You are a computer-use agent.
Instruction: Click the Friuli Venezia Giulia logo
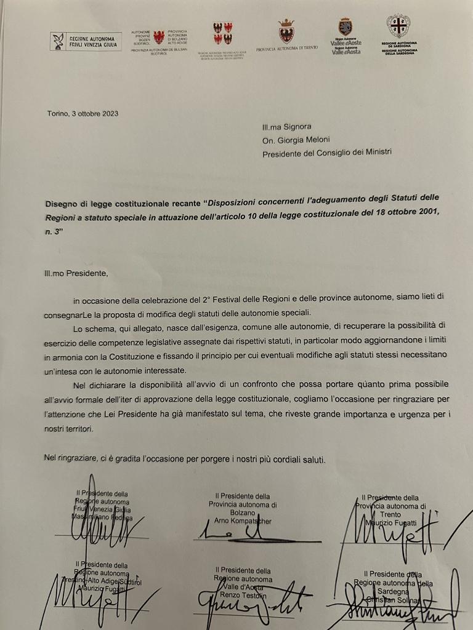tap(86, 41)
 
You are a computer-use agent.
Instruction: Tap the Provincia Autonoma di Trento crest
tap(286, 31)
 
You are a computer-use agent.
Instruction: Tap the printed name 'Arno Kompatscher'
tap(243, 521)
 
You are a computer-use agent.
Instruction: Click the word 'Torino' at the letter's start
tap(58, 113)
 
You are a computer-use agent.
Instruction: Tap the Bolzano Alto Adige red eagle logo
tap(159, 37)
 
